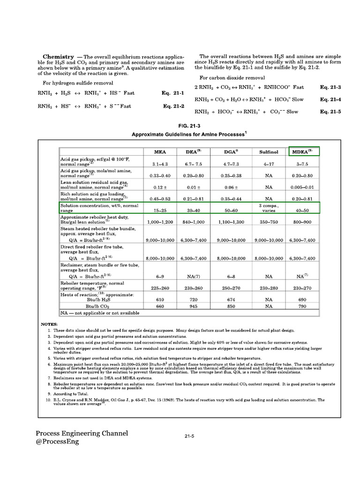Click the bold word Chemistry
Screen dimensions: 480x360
pyautogui.click(x=59, y=56)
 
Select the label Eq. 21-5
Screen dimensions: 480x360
pyautogui.click(x=330, y=112)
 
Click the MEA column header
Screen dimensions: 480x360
pyautogui.click(x=160, y=152)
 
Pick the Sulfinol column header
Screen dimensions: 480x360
pyautogui.click(x=269, y=152)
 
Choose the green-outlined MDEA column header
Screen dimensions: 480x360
pyautogui.click(x=304, y=151)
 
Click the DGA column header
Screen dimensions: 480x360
pyautogui.click(x=231, y=152)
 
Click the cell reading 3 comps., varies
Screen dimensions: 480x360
pyautogui.click(x=269, y=208)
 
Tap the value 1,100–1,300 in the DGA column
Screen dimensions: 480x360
pyautogui.click(x=231, y=222)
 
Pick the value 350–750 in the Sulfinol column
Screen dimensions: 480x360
pyautogui.click(x=269, y=222)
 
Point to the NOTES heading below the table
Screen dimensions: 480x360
pyautogui.click(x=49, y=324)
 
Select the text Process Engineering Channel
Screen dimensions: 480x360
pyautogui.click(x=82, y=433)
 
